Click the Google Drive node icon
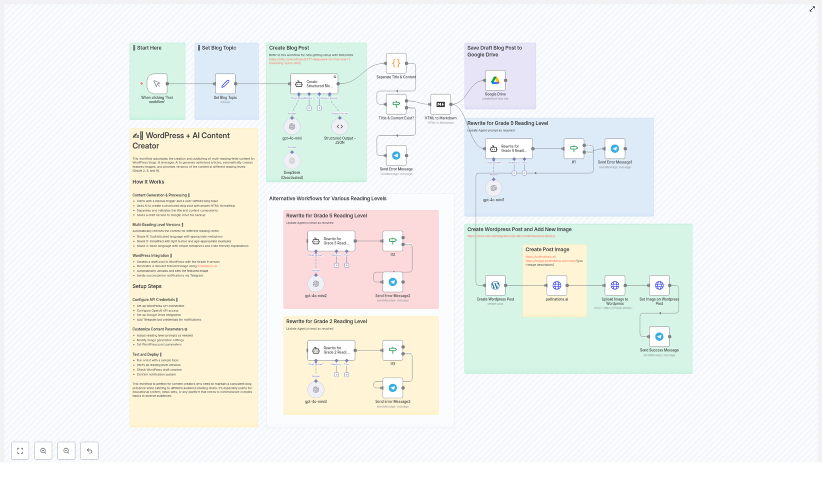pos(495,81)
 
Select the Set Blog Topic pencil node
pos(225,84)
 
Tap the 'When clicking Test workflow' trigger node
pos(157,84)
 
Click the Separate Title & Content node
pos(396,64)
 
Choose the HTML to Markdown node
pos(440,104)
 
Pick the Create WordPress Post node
pos(495,286)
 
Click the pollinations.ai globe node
pos(556,286)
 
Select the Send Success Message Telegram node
pos(659,337)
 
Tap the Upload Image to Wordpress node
pos(614,286)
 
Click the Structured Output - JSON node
pos(340,126)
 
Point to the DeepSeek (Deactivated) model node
pos(292,161)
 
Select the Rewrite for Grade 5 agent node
pos(331,241)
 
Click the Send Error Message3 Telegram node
pos(393,388)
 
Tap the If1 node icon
pos(574,149)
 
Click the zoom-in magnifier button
pos(43,451)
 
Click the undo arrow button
pos(89,451)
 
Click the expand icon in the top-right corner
pos(812,9)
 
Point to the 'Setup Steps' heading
pos(147,287)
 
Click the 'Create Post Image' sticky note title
pos(547,250)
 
